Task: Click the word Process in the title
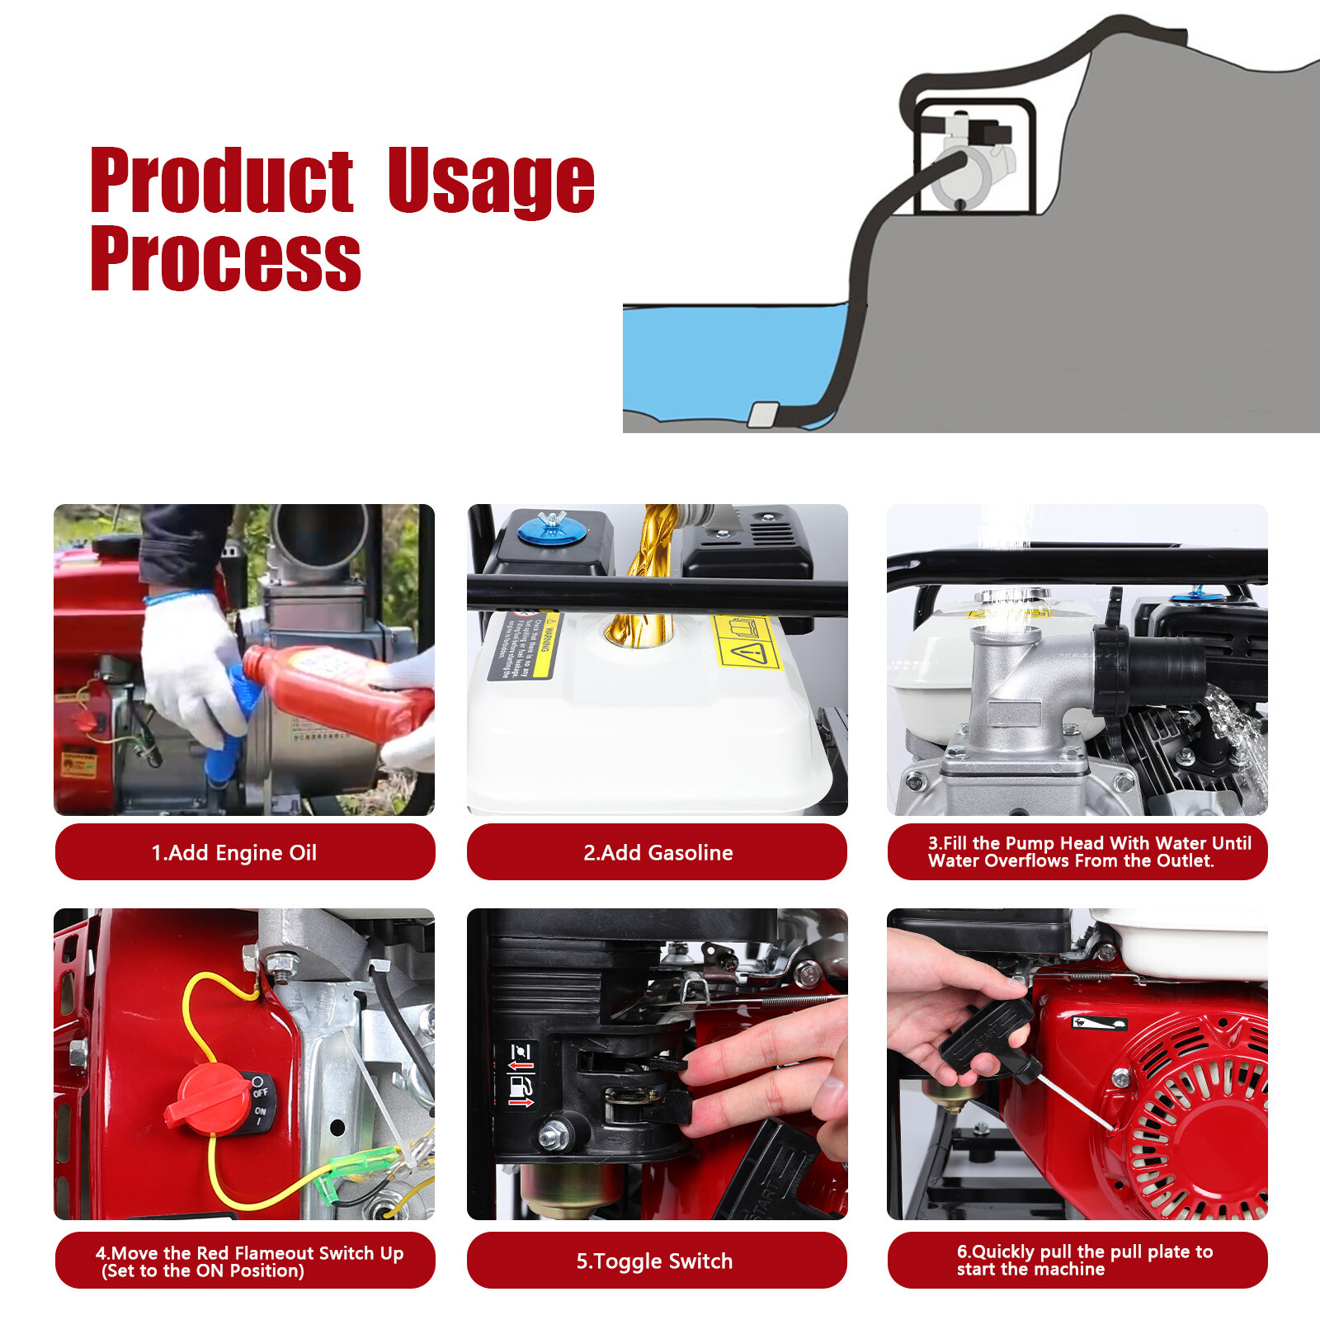pos(225,259)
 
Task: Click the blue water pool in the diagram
pos(726,355)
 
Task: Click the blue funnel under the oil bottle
pos(231,726)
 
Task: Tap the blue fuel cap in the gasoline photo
pos(551,532)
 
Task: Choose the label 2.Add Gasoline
pos(657,852)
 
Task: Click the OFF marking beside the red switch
pos(260,1091)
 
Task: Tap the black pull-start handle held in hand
pos(986,1035)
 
